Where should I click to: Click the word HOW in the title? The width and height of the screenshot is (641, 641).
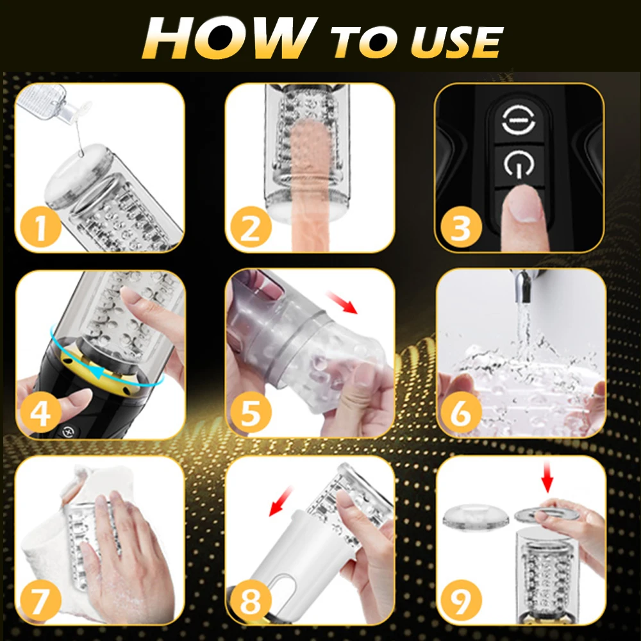click(x=230, y=39)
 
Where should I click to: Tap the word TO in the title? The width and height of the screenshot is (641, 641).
click(x=365, y=42)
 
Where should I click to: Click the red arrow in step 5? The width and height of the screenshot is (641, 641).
click(x=342, y=303)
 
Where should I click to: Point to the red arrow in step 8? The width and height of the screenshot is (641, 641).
click(x=281, y=501)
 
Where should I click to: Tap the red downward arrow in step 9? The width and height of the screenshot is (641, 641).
click(x=547, y=478)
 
